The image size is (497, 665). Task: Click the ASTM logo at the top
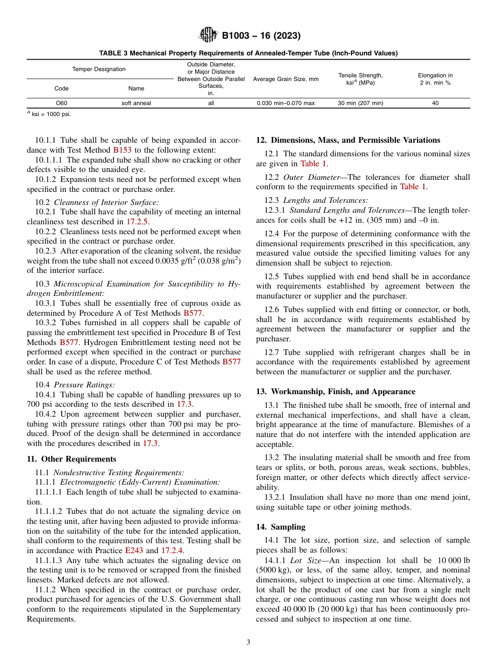click(x=208, y=36)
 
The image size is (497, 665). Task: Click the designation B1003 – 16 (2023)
click(x=261, y=36)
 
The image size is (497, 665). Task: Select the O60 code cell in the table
click(x=61, y=103)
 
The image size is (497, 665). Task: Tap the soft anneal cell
click(x=136, y=103)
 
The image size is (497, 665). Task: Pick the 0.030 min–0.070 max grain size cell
click(x=286, y=103)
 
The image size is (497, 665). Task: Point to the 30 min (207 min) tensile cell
click(x=360, y=103)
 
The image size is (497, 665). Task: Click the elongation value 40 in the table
click(x=435, y=103)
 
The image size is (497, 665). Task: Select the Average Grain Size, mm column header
click(x=286, y=79)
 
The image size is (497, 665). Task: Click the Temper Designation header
click(x=99, y=69)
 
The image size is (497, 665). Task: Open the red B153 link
click(x=123, y=150)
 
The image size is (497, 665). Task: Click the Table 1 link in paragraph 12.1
click(x=313, y=164)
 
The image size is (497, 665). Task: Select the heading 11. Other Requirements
click(x=72, y=459)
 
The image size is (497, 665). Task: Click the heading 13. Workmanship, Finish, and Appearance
click(x=335, y=392)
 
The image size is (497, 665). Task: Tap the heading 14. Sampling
click(x=280, y=527)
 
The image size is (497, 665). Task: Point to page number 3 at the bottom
click(x=248, y=642)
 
